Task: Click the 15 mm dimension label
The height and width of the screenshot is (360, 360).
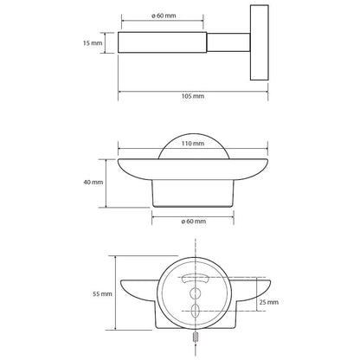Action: (93, 43)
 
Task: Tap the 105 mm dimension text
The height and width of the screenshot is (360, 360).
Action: (193, 96)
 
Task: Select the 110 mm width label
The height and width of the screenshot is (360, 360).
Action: (193, 144)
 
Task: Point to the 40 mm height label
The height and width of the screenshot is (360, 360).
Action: (93, 183)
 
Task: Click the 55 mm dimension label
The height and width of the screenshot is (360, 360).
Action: (102, 294)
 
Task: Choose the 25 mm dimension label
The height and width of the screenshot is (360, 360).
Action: (269, 302)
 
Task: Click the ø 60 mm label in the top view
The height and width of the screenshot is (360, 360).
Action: (164, 16)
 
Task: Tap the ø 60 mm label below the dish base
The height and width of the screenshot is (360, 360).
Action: (194, 222)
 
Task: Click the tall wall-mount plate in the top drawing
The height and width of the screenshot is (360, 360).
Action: (260, 42)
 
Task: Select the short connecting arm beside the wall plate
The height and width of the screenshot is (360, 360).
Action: (228, 42)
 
